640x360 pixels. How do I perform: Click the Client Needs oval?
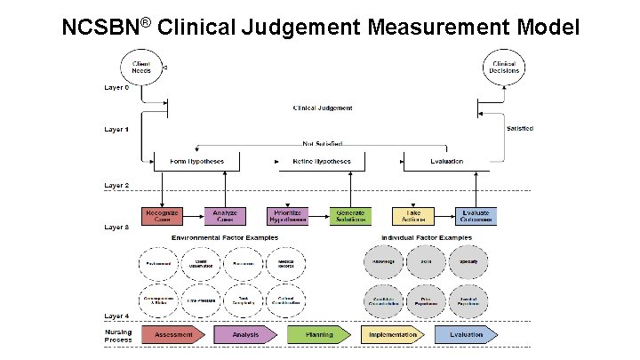point(140,68)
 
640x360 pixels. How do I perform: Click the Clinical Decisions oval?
point(503,68)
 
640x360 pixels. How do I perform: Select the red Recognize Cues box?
point(162,216)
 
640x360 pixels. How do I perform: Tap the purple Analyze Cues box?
point(224,216)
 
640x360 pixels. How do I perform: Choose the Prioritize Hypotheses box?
point(286,216)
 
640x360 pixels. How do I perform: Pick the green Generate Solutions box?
point(348,216)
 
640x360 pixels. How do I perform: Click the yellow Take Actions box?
point(413,216)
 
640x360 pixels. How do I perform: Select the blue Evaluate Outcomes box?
point(476,216)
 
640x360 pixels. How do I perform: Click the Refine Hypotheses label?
point(321,162)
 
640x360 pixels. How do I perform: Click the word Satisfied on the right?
point(520,129)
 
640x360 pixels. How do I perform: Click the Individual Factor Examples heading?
point(427,238)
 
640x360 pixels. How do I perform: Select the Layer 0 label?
point(116,87)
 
